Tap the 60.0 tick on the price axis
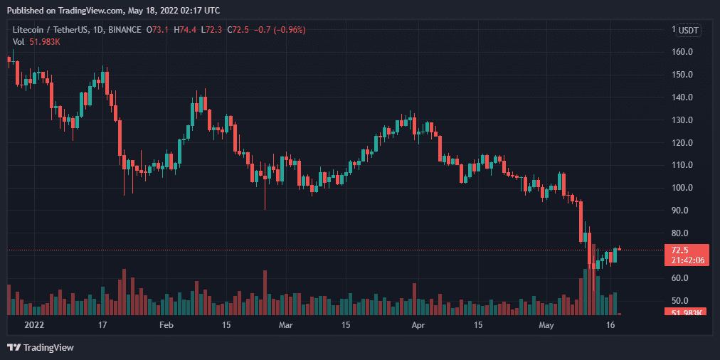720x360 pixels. click(682, 278)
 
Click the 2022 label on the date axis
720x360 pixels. click(34, 325)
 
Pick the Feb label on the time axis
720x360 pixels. click(166, 325)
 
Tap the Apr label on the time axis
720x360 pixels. click(418, 325)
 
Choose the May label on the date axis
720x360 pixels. click(546, 325)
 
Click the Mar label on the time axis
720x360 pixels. click(286, 325)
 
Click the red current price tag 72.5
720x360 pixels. click(680, 250)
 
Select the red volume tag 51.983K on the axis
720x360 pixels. click(686, 312)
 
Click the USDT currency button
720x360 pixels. click(689, 30)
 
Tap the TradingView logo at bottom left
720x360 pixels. click(41, 347)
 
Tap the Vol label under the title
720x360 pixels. click(18, 42)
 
